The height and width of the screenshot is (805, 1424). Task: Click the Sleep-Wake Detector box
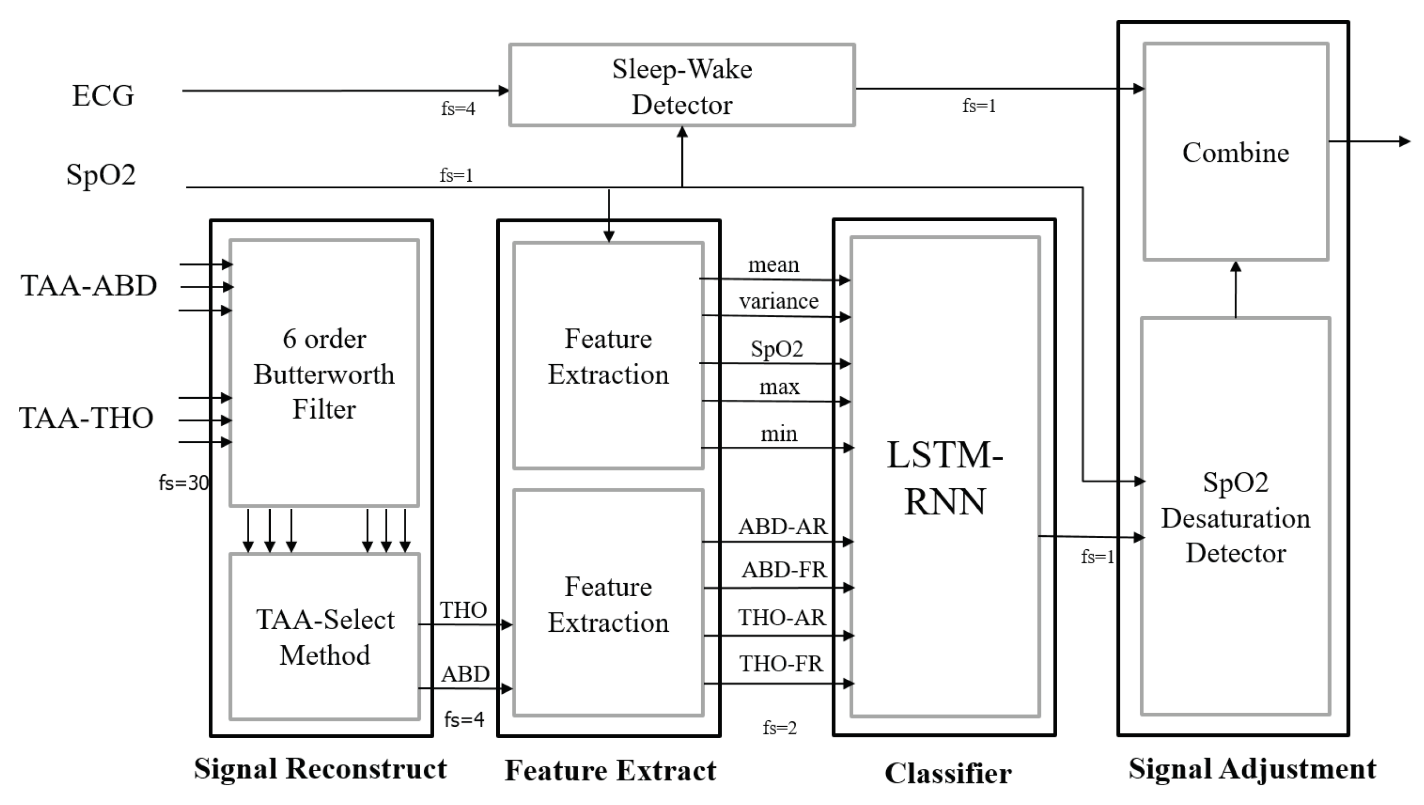(682, 85)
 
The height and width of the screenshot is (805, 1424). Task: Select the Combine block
(1236, 152)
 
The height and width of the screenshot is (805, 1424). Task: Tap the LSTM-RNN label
(944, 477)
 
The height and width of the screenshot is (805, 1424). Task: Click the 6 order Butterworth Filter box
(324, 374)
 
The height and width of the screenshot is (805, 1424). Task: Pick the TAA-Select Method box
(325, 637)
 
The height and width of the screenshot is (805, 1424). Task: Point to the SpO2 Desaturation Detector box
(1236, 517)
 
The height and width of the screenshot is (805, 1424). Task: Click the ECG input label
(103, 95)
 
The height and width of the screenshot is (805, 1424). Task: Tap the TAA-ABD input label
(88, 286)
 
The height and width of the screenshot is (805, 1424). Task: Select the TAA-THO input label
(86, 418)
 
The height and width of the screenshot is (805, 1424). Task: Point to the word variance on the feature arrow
(778, 301)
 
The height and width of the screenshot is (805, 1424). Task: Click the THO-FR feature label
(781, 664)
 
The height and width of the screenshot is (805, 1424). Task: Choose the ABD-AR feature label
(782, 527)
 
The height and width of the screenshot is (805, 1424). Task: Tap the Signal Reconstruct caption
(320, 768)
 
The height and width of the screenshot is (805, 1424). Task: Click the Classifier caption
(948, 773)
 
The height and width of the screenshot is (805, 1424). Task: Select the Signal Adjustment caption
(1252, 768)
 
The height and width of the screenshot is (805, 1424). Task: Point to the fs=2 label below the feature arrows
(779, 728)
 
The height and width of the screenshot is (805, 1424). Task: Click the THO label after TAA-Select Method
(463, 610)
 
